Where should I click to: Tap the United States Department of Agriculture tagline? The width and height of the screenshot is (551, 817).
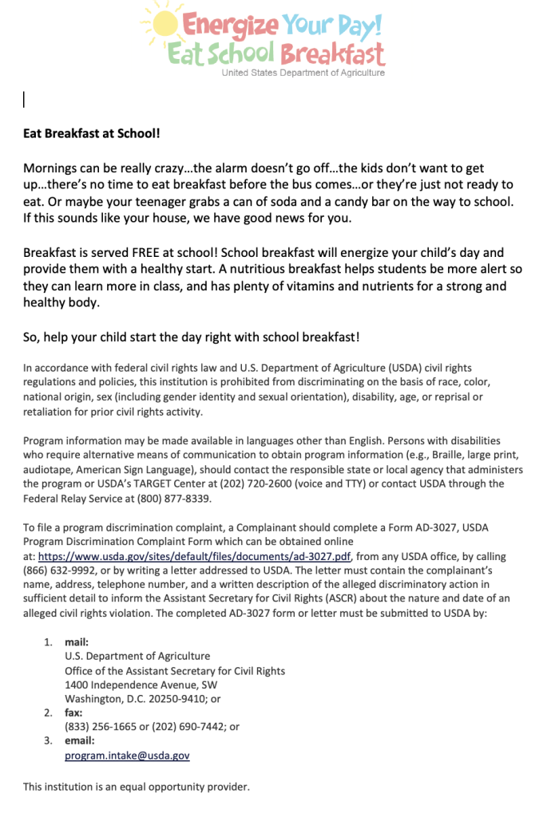303,73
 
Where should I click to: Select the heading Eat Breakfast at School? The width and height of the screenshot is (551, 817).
92,133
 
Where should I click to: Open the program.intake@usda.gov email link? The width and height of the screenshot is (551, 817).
127,755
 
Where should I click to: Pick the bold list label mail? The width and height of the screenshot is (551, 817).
77,641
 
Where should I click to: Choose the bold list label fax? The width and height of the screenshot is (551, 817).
74,712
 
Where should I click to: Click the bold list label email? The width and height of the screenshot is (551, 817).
80,740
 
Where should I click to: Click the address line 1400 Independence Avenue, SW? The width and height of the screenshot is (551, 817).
141,685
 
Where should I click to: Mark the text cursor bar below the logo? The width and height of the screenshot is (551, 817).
24,99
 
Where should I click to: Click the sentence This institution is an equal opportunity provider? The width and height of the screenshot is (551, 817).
137,787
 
